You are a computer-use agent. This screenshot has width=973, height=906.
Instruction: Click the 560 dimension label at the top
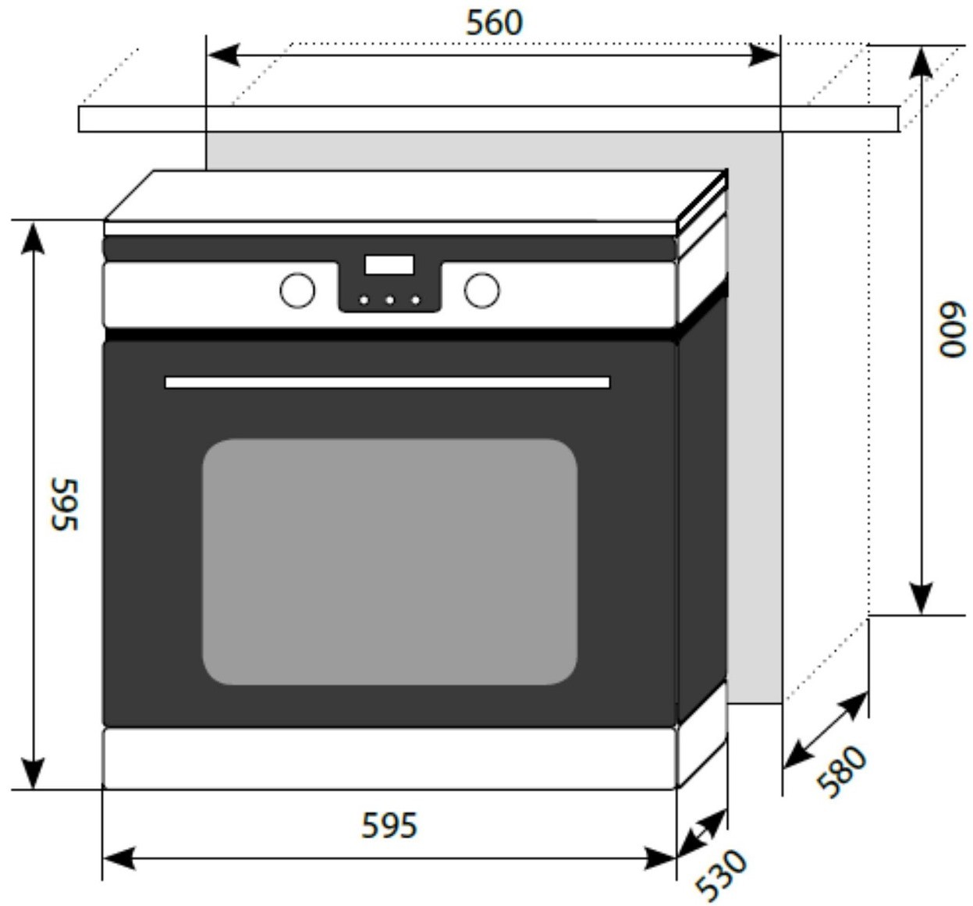494,23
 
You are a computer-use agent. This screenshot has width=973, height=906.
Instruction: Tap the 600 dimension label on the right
951,330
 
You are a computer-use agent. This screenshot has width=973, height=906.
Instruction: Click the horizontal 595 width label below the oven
389,825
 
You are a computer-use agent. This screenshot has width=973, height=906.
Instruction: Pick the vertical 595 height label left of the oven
65,504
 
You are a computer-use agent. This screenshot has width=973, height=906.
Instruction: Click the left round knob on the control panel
297,290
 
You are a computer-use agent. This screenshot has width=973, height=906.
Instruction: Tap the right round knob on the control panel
481,290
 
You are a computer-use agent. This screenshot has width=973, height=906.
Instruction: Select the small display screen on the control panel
389,265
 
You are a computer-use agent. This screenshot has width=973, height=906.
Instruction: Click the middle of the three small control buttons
389,300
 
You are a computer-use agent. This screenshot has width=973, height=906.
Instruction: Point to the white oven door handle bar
387,382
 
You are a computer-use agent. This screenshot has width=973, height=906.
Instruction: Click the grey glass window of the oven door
389,562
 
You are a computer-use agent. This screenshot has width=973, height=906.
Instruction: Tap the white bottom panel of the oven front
389,758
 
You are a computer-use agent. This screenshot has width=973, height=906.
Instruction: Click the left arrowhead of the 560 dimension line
222,55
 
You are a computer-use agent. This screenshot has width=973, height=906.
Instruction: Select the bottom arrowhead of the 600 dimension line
922,599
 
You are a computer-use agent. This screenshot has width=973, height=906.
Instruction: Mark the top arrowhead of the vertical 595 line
33,237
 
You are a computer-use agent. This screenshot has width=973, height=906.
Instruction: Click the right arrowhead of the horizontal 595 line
660,859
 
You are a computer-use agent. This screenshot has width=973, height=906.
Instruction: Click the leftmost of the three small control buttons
364,300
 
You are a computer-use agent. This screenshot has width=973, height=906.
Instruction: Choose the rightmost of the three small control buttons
416,300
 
